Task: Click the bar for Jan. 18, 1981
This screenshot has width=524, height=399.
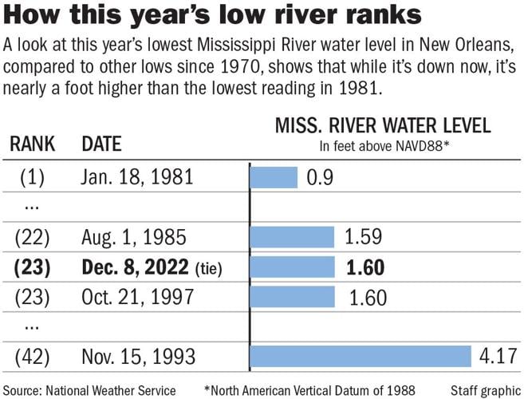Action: pyautogui.click(x=274, y=176)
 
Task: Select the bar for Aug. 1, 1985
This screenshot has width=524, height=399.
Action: pyautogui.click(x=292, y=236)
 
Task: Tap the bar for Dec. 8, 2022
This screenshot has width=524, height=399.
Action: pyautogui.click(x=292, y=267)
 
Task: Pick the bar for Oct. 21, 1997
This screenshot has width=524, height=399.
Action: pyautogui.click(x=292, y=297)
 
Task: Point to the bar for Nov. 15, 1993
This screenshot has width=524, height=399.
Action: pyautogui.click(x=361, y=356)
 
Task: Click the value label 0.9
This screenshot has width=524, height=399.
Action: pyautogui.click(x=321, y=177)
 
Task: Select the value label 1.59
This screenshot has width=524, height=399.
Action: pyautogui.click(x=364, y=237)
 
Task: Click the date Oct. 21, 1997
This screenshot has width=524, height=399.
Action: pyautogui.click(x=138, y=297)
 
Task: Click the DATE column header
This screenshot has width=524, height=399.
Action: pyautogui.click(x=101, y=144)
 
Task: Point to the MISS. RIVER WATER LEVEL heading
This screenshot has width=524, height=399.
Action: pyautogui.click(x=383, y=126)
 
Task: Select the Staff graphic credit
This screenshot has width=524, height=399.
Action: pyautogui.click(x=485, y=390)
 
